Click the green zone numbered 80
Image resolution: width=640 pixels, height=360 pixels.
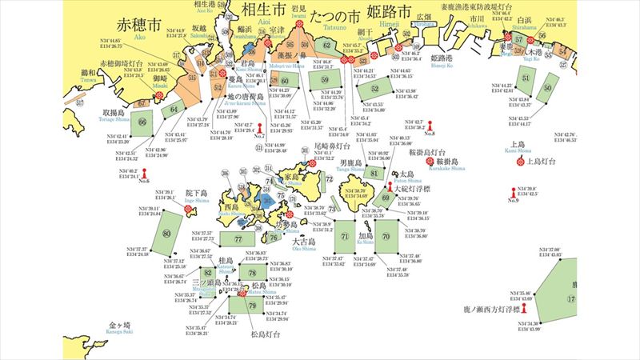click(166, 234)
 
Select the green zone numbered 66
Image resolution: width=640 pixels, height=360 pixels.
click(142, 122)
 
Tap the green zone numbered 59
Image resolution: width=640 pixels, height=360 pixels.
click(325, 80)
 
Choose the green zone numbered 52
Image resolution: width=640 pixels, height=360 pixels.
click(375, 89)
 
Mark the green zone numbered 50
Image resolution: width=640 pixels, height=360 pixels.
click(547, 87)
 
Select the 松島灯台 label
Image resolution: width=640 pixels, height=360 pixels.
click(264, 334)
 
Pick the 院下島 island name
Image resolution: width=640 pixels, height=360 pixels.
click(196, 193)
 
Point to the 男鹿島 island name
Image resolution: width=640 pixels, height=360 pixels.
click(370, 162)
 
